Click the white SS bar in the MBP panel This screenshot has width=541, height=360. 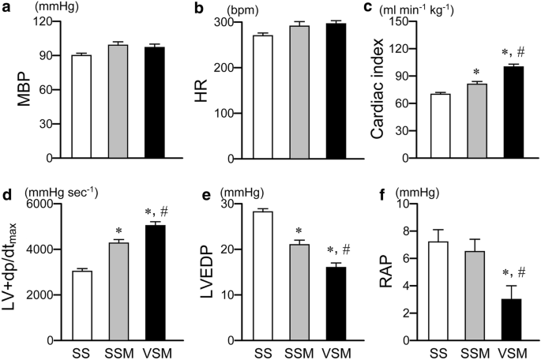pyautogui.click(x=81, y=107)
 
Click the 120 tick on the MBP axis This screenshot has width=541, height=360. pyautogui.click(x=42, y=21)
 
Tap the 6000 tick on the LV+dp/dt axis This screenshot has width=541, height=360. pyautogui.click(x=39, y=204)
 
